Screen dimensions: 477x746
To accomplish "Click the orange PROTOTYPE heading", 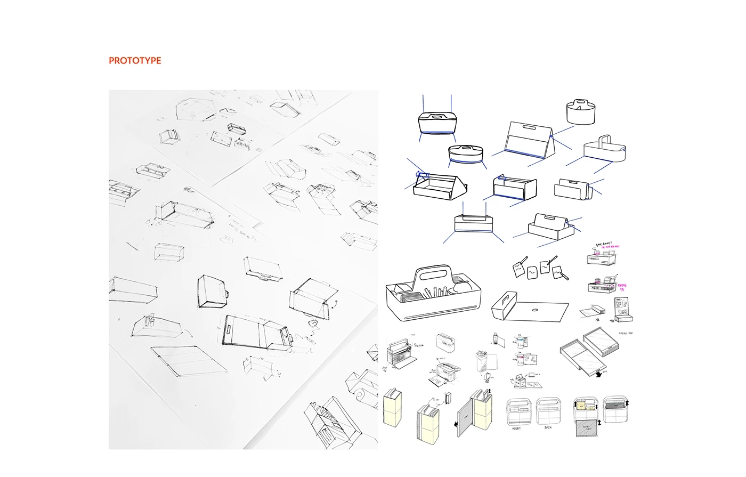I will (x=135, y=61).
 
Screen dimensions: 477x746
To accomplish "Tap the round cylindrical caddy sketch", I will (x=582, y=112).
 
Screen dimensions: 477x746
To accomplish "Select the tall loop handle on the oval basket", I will (x=604, y=141).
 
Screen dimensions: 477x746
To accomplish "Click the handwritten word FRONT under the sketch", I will (x=516, y=428).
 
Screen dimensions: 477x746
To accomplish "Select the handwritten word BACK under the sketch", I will (x=548, y=427).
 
